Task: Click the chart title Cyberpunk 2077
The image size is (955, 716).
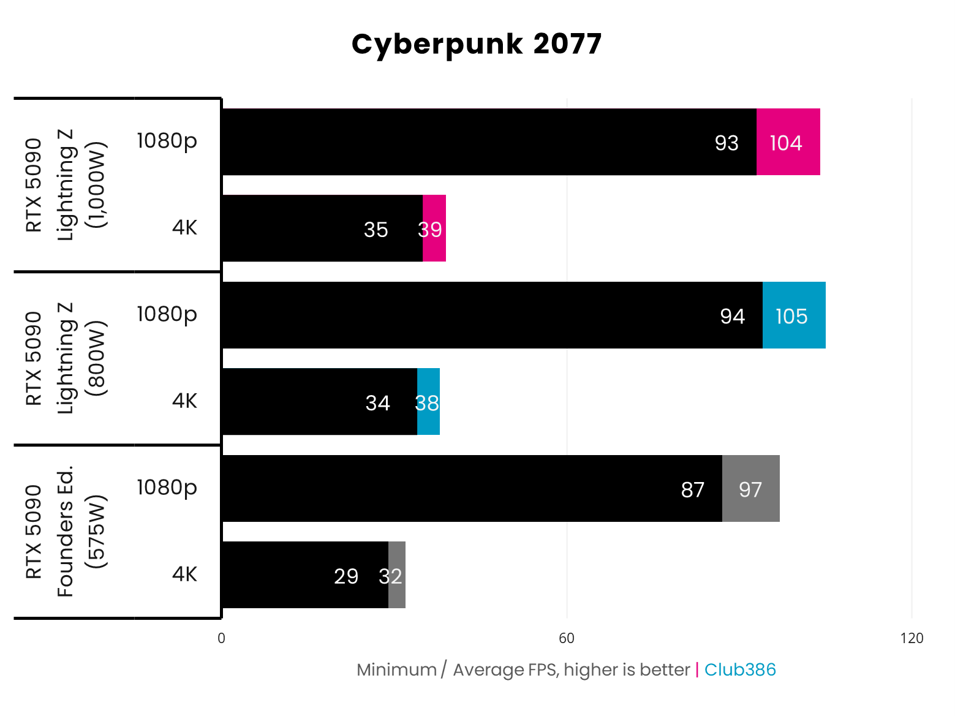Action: pos(477,44)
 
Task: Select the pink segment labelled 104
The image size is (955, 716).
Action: pos(788,143)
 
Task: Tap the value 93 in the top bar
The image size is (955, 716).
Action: pos(727,143)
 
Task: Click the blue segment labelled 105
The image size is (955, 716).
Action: pos(794,316)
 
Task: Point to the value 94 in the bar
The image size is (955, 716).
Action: pos(732,316)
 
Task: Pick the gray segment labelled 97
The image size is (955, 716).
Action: pos(751,489)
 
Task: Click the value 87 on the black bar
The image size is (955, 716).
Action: pos(693,489)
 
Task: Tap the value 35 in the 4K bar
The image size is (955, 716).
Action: pos(376,230)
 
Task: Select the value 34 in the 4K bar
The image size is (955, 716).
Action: pos(377,403)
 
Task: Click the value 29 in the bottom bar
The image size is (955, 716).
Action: pos(346,576)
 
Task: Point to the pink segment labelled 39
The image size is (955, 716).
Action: pos(434,229)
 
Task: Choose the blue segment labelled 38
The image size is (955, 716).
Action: pos(429,402)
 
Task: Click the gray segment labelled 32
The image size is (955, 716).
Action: pos(397,576)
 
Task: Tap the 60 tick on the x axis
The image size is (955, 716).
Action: pos(567,638)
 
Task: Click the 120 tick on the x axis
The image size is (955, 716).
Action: pos(912,638)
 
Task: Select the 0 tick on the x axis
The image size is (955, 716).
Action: pos(221,638)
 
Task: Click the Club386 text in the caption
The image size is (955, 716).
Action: pos(740,669)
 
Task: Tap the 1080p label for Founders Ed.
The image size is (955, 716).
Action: pos(167,487)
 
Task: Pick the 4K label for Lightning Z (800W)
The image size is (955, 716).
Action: pos(184,401)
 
